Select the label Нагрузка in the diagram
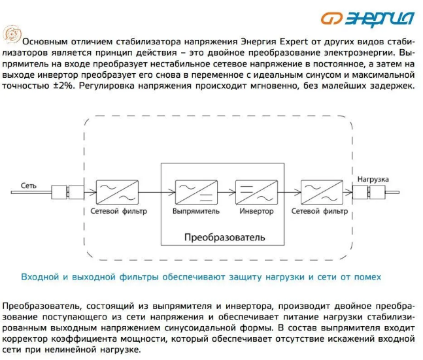coord(373,179)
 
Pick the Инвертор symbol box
coord(252,193)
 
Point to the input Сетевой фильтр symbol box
coord(117,193)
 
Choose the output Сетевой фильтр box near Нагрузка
coord(319,193)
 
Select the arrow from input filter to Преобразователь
coord(149,193)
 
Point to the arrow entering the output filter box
coord(290,193)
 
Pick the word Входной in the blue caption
coord(41,276)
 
